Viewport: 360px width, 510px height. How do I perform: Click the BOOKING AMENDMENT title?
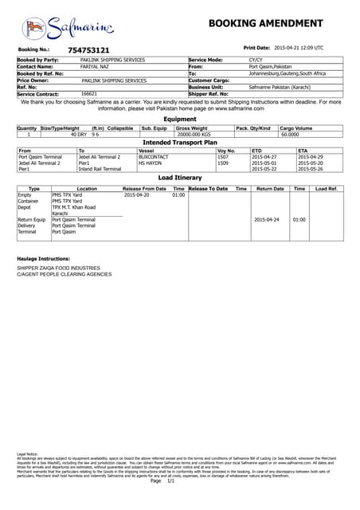pyautogui.click(x=265, y=23)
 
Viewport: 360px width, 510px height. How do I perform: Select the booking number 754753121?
pyautogui.click(x=88, y=50)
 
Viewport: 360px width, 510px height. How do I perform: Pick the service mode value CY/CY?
pyautogui.click(x=256, y=61)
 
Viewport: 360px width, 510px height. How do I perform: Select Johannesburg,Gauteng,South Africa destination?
pyautogui.click(x=287, y=73)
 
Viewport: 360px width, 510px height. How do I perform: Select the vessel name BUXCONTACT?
pyautogui.click(x=153, y=157)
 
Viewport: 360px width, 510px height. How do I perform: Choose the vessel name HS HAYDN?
pyautogui.click(x=150, y=163)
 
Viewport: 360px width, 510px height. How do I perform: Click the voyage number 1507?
pyautogui.click(x=223, y=157)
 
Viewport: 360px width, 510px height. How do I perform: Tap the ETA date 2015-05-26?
pyautogui.click(x=310, y=169)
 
